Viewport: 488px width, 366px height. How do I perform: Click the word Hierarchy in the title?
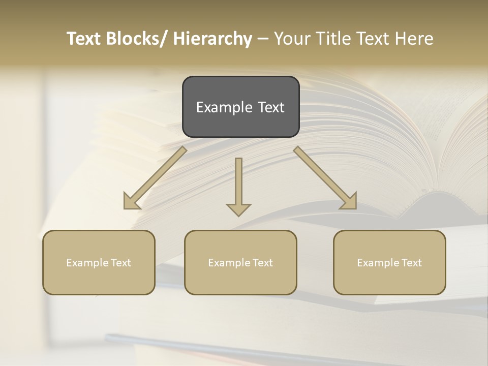[212, 39]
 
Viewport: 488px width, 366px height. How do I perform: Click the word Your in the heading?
[291, 39]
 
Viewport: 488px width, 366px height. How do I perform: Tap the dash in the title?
[262, 39]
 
